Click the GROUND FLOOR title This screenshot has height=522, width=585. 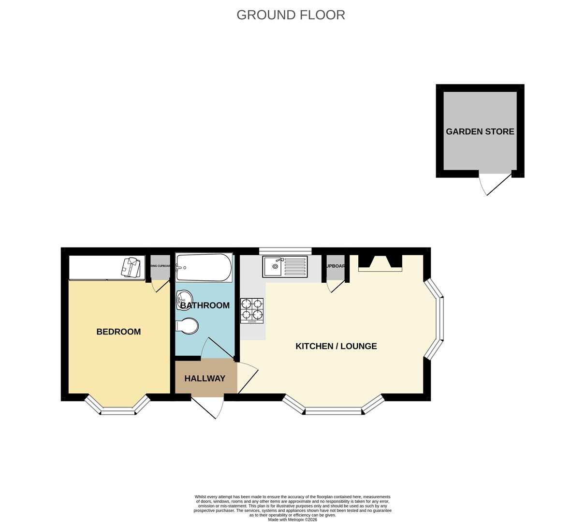point(291,15)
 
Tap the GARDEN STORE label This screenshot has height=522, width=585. point(480,131)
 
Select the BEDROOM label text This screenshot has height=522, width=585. point(118,332)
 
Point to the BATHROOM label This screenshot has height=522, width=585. point(205,305)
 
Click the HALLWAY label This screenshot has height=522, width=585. point(205,378)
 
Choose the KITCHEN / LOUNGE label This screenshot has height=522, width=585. point(336,346)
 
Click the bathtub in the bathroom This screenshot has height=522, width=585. point(204,268)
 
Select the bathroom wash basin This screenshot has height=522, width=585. point(184,297)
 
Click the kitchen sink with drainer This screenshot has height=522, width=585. point(285,267)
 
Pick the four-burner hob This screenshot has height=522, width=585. point(252,311)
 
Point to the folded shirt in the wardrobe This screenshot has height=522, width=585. point(131,267)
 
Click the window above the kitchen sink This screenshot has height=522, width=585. point(285,250)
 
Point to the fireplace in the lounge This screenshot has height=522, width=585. point(380,263)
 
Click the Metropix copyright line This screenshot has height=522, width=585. point(292,520)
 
